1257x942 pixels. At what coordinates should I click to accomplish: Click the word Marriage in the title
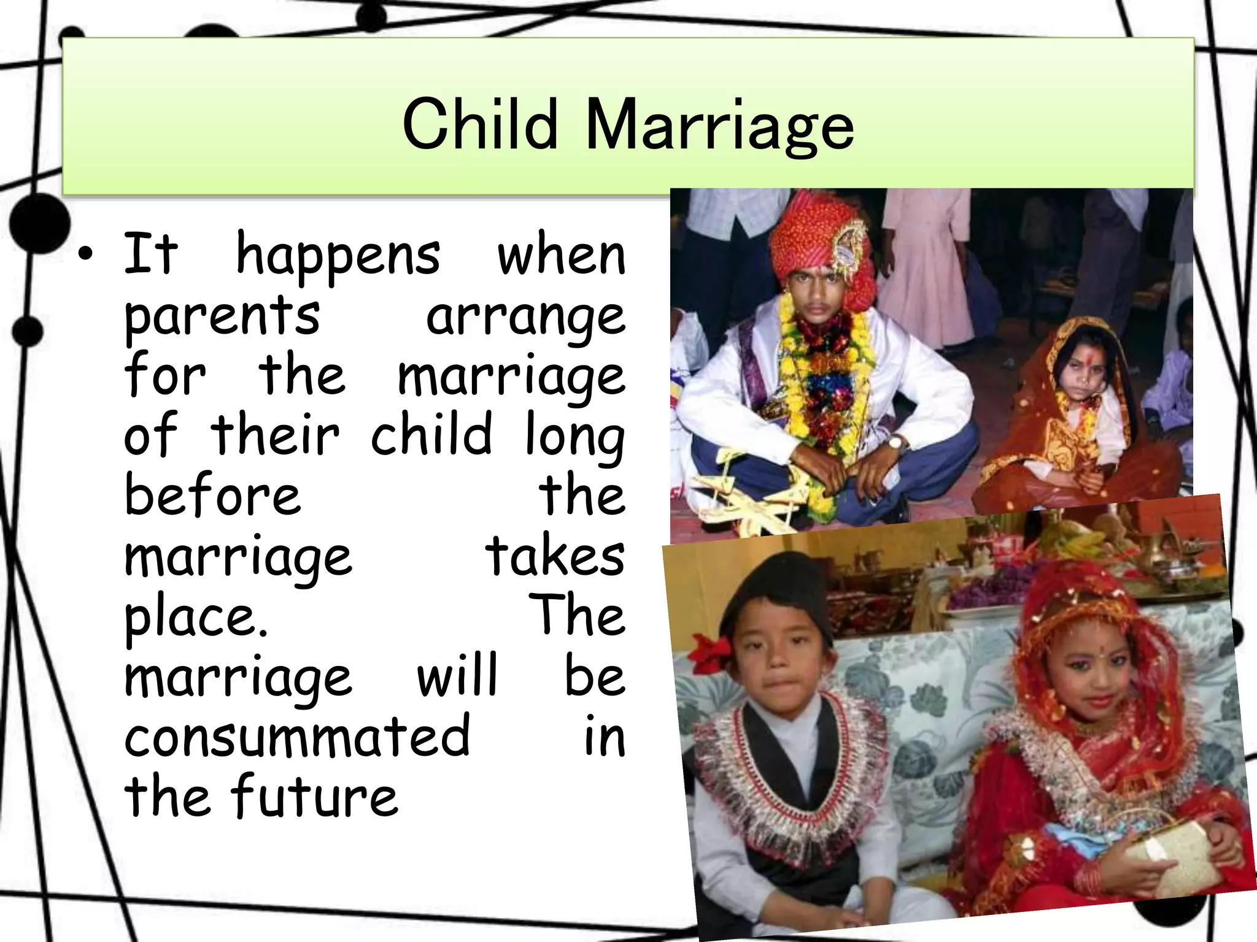(719, 127)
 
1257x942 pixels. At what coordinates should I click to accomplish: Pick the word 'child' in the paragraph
(431, 435)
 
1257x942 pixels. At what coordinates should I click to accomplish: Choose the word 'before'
(212, 495)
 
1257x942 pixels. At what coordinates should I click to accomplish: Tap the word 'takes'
(555, 555)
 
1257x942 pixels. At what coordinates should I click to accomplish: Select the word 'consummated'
(297, 735)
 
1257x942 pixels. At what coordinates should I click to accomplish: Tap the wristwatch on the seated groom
(895, 442)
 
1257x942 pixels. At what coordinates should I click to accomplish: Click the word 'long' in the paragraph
(574, 437)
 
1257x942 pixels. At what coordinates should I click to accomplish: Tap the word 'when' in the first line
(561, 255)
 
